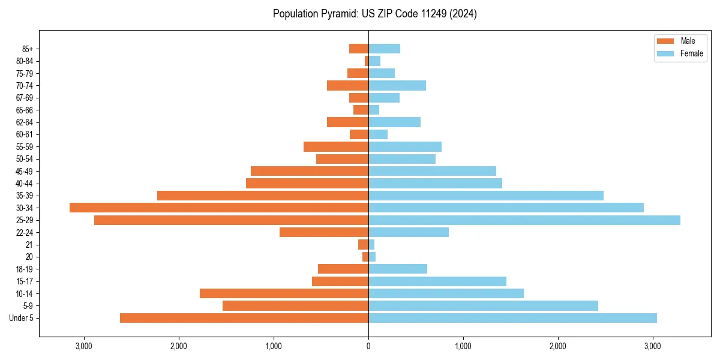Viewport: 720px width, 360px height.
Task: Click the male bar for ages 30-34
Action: point(219,208)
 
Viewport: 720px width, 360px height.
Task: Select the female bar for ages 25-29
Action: point(524,220)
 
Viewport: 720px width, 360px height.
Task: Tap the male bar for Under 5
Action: point(244,318)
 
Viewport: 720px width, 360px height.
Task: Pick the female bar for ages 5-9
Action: point(483,305)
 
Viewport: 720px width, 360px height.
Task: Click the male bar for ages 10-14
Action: point(284,293)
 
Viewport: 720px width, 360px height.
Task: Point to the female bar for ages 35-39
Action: point(486,196)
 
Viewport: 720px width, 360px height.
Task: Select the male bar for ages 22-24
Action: point(324,232)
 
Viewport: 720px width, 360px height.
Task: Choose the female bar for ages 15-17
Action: point(437,281)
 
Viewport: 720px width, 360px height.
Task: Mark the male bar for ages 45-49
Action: point(310,171)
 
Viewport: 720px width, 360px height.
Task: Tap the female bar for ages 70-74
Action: point(397,86)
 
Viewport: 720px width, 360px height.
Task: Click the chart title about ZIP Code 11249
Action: point(374,14)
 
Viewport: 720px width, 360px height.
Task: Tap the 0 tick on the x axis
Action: point(368,346)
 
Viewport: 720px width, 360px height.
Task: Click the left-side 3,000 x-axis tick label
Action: point(84,346)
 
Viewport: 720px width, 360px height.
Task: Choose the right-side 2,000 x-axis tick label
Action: point(558,346)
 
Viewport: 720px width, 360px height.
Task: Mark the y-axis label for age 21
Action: point(29,245)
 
